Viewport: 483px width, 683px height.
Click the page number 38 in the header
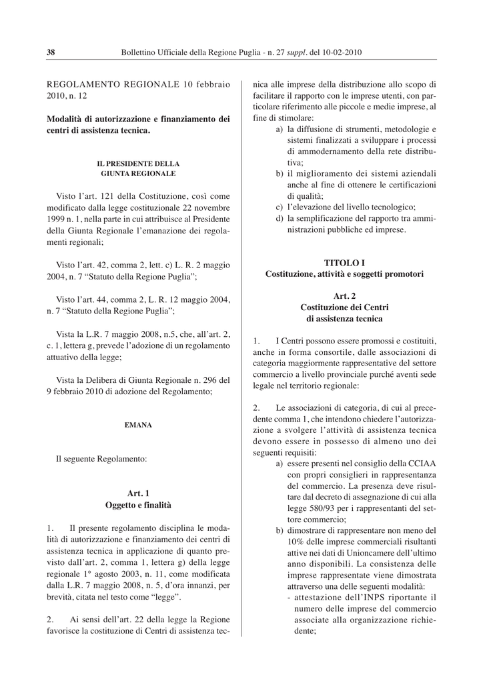coord(50,52)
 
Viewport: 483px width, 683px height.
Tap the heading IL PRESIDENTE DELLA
coord(138,163)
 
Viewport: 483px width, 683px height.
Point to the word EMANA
coord(138,424)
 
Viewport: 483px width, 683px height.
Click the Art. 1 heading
coord(138,494)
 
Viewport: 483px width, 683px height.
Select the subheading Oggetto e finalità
coord(138,506)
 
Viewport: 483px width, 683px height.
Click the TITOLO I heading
coord(344,262)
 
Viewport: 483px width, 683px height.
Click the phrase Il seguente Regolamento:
coord(101,459)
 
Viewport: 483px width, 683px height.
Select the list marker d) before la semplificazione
coord(280,218)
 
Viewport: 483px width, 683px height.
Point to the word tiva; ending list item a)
coord(295,162)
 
